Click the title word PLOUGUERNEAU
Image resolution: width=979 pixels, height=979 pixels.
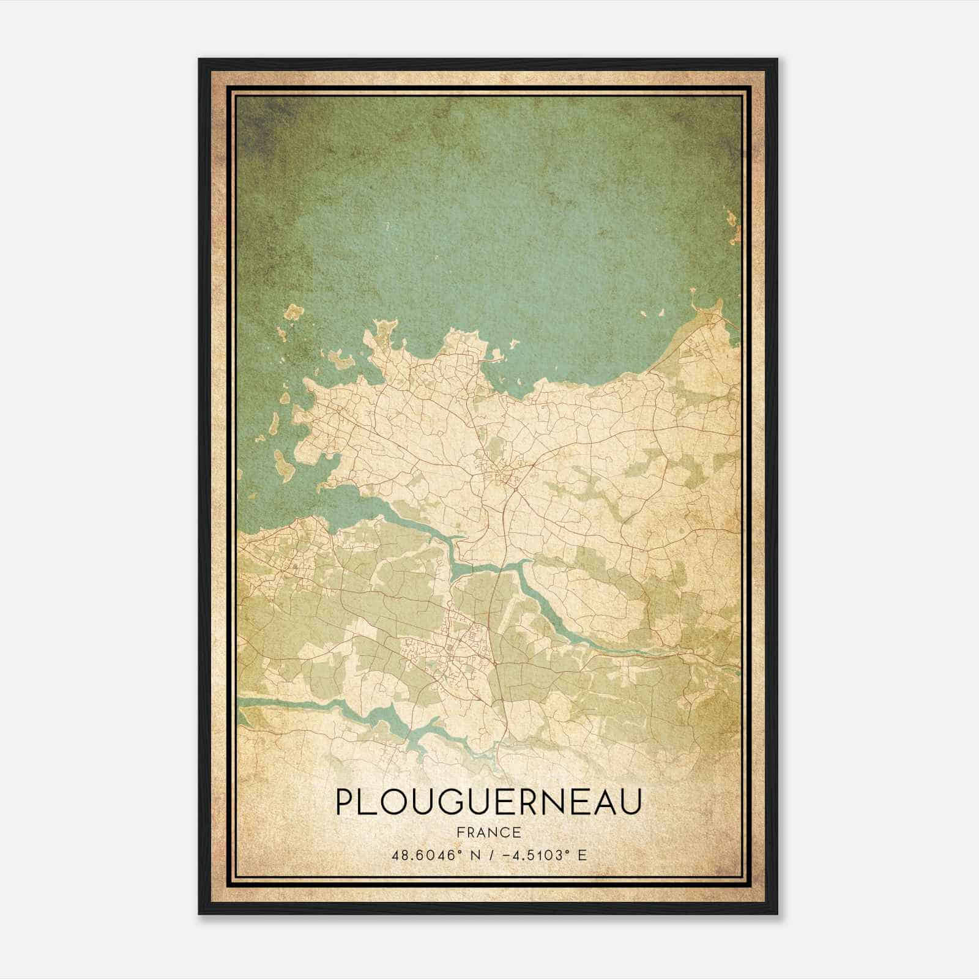click(488, 802)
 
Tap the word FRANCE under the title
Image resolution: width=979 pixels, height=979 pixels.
click(489, 833)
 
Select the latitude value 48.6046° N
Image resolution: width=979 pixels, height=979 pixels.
click(431, 855)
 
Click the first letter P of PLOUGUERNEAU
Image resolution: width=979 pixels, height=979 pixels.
click(344, 802)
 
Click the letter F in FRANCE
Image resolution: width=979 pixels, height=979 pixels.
click(460, 833)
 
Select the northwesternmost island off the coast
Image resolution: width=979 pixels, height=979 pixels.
click(293, 313)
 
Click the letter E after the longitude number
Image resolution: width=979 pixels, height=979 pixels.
click(583, 855)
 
